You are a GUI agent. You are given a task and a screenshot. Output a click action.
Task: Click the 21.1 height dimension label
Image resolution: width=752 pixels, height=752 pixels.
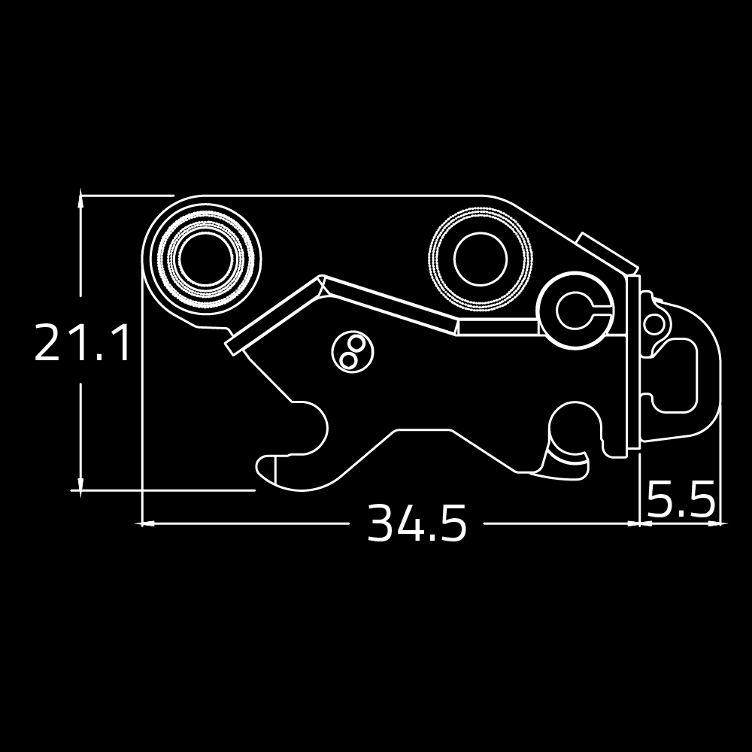pyautogui.click(x=83, y=342)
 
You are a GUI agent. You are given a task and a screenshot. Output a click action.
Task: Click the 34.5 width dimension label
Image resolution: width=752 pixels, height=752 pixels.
pyautogui.click(x=417, y=523)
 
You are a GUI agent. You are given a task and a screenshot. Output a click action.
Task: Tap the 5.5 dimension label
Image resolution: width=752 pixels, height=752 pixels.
pyautogui.click(x=681, y=500)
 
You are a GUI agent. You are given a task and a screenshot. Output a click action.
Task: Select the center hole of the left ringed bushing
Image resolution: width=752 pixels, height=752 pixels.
pyautogui.click(x=206, y=259)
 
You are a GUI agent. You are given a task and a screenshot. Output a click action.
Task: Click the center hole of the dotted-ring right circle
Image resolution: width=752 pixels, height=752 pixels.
pyautogui.click(x=480, y=259)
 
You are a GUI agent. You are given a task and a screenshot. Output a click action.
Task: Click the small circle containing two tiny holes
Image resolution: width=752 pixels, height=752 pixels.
pyautogui.click(x=353, y=352)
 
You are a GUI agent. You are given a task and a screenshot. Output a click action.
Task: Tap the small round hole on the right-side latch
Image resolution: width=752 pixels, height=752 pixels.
pyautogui.click(x=653, y=323)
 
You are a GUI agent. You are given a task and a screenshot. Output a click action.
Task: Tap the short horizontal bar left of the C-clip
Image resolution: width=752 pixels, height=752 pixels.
pyautogui.click(x=497, y=326)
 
